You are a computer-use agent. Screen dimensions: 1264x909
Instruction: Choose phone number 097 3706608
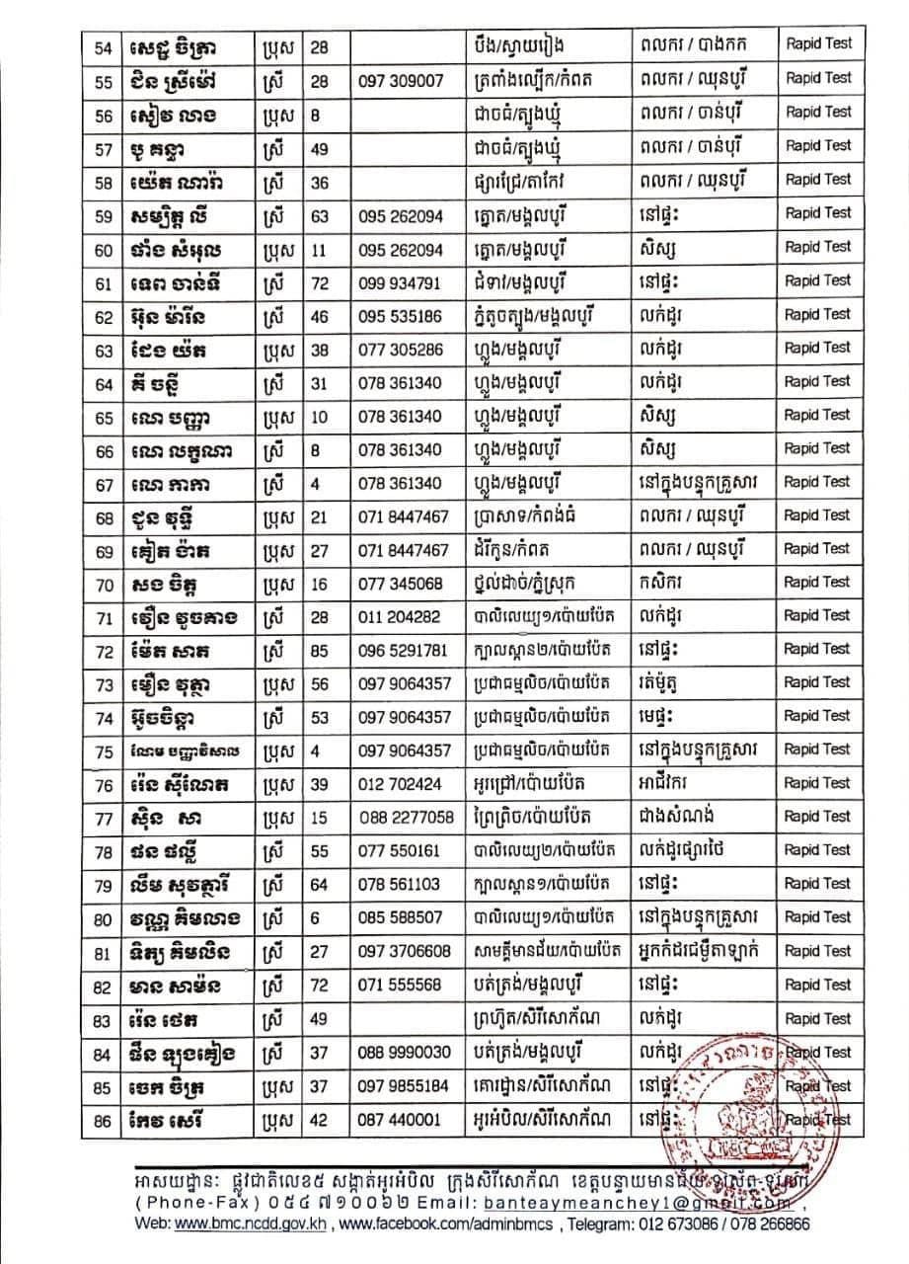pyautogui.click(x=407, y=952)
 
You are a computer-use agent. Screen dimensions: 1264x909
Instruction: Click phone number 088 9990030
pyautogui.click(x=407, y=1053)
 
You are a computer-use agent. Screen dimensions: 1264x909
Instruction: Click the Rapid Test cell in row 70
pyautogui.click(x=818, y=583)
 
